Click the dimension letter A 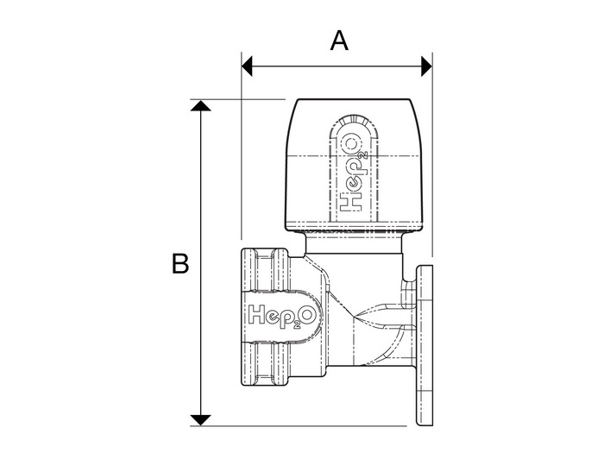coord(339,41)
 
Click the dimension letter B coord(179,263)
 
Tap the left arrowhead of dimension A coord(247,66)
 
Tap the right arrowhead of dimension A coord(427,66)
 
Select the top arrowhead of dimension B coord(201,106)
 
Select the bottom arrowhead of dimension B coord(201,420)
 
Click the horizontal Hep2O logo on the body coord(282,316)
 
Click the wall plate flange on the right coord(425,345)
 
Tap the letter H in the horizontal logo coord(257,314)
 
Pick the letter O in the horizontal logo coord(309,314)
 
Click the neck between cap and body coord(354,243)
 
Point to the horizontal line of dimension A coord(337,66)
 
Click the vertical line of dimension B coord(201,263)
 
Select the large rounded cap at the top coord(354,165)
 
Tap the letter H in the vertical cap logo coord(351,203)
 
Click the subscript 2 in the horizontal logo coord(297,324)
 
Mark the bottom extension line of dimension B coord(299,426)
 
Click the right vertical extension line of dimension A coord(432,154)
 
